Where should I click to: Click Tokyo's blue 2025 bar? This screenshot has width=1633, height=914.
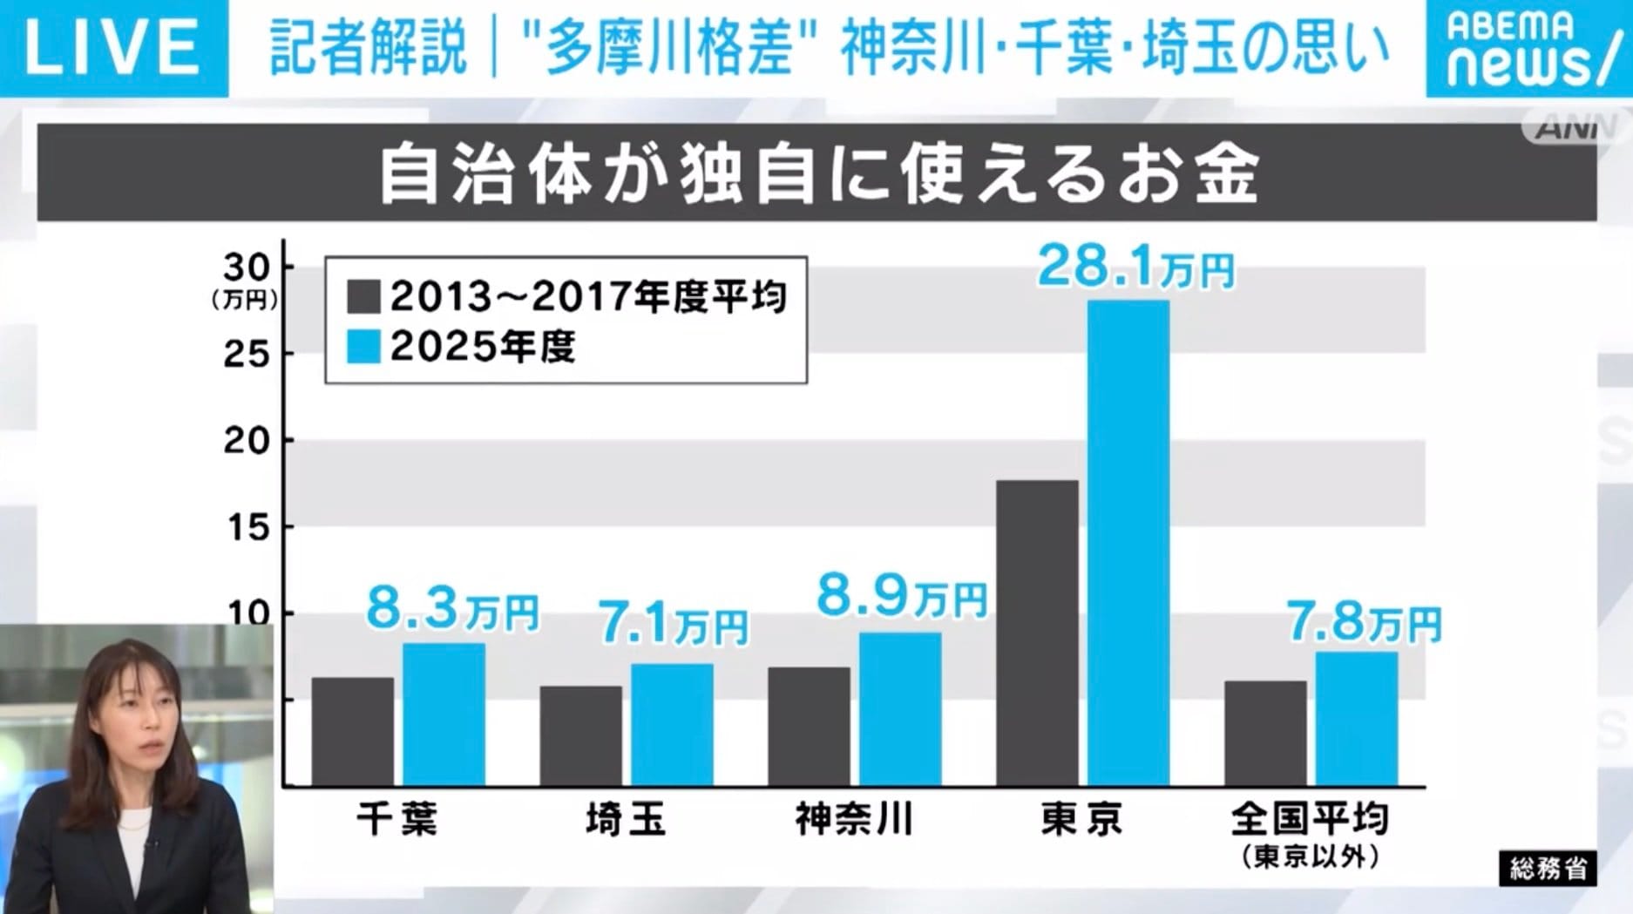tap(1128, 543)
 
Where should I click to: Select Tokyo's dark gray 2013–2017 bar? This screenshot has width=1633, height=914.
tap(1037, 633)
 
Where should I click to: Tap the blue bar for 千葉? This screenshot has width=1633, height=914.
tap(444, 714)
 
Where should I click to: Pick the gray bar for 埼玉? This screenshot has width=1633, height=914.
tap(580, 736)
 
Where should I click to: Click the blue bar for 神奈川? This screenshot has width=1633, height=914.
tap(900, 709)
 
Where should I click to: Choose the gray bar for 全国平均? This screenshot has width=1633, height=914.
tap(1265, 734)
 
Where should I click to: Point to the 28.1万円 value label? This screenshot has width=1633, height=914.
tap(1135, 267)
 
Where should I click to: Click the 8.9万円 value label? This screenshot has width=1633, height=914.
tap(901, 598)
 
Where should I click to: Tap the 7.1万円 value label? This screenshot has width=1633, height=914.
tap(673, 625)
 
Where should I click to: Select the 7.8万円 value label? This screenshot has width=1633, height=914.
tap(1364, 622)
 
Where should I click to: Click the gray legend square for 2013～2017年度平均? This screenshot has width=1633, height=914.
tap(363, 296)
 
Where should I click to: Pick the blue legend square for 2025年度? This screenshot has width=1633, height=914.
tap(363, 346)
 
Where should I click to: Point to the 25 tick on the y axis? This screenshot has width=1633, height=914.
tap(247, 354)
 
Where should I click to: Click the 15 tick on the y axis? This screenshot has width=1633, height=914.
tap(247, 527)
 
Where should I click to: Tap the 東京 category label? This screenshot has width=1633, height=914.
tap(1081, 819)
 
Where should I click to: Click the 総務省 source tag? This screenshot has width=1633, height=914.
tap(1548, 869)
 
